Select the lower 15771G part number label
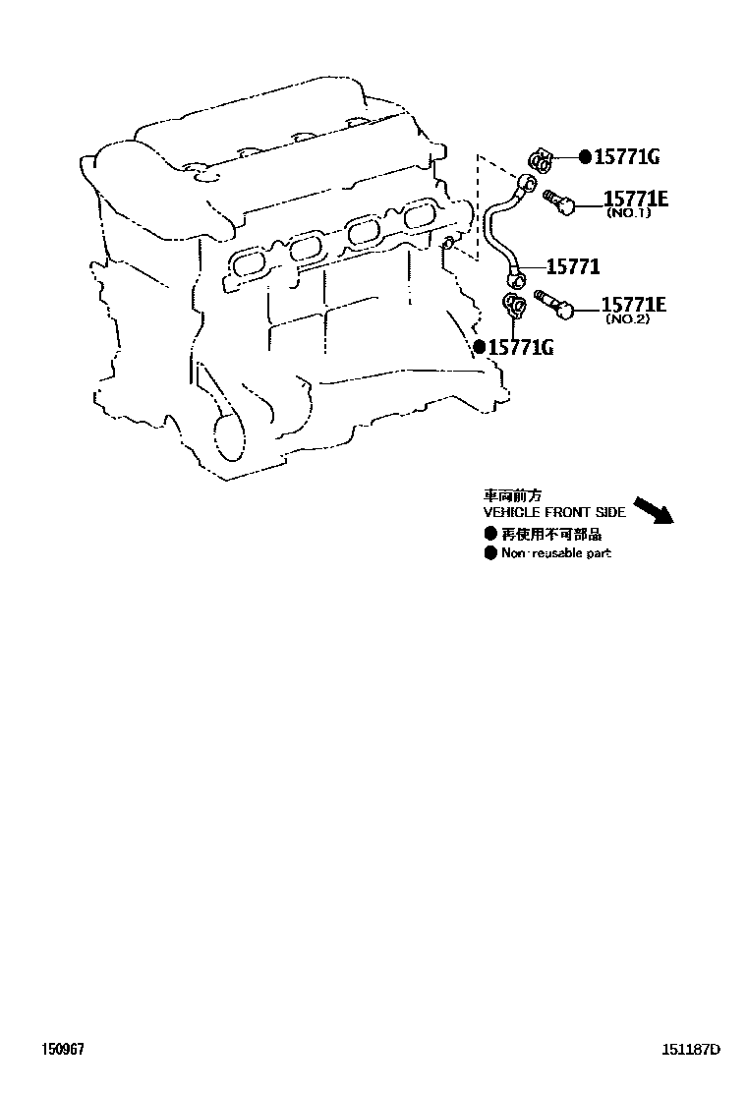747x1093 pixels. [521, 346]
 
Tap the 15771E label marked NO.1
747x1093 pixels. [635, 200]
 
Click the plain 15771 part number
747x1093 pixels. [573, 266]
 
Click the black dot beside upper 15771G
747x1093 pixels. [585, 156]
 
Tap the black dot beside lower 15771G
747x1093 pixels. [479, 346]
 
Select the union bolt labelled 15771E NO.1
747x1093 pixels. [557, 202]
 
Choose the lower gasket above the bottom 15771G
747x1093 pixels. [513, 304]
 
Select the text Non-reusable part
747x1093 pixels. [555, 554]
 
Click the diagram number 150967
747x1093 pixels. [64, 1049]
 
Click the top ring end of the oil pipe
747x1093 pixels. [529, 183]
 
